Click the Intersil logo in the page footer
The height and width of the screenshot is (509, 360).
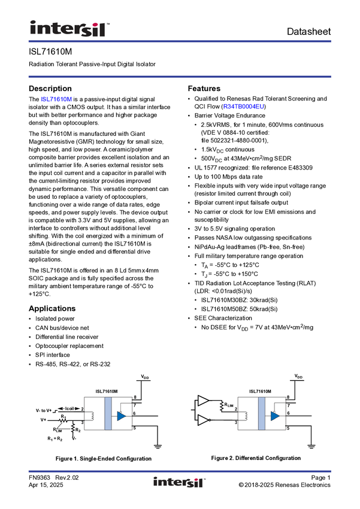click(180, 482)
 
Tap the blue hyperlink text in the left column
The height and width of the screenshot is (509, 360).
click(56, 99)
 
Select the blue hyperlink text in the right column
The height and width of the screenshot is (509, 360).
click(244, 107)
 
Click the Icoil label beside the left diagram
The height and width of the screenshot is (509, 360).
click(68, 408)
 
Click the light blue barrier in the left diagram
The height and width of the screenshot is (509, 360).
click(108, 413)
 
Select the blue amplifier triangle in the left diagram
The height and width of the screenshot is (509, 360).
click(122, 416)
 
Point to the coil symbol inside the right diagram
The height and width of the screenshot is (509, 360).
click(243, 414)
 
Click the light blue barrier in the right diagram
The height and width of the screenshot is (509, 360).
click(261, 413)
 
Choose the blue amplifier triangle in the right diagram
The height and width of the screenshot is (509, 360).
click(275, 416)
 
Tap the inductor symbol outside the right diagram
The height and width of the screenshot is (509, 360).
click(222, 406)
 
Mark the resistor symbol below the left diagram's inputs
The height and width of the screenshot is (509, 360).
click(73, 427)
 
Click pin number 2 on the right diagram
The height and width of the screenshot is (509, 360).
click(236, 410)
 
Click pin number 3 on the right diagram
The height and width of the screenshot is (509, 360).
click(236, 422)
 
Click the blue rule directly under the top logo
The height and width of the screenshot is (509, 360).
click(180, 41)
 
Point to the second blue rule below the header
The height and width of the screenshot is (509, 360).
click(180, 76)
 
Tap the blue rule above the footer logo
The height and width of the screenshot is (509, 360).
click(180, 471)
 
